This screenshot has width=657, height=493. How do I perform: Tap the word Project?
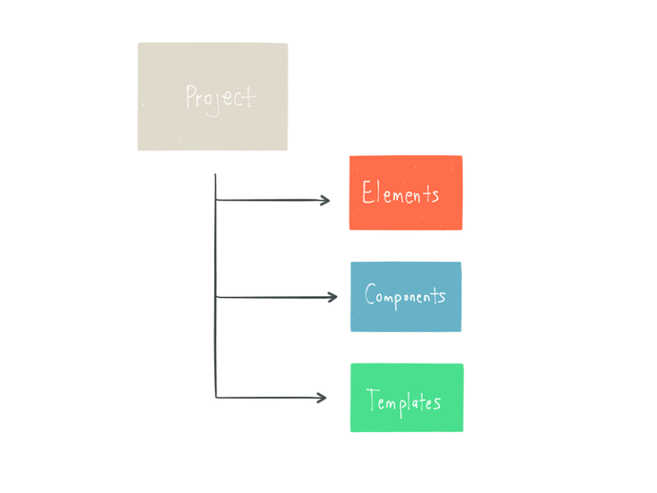221,97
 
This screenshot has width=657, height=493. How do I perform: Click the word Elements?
401,193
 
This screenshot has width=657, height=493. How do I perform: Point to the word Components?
406,296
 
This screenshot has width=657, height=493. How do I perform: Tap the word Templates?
405,401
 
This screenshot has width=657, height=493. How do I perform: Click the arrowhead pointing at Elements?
326,201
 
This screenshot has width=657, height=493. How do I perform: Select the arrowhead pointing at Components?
332,297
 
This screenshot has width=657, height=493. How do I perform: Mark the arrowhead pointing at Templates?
322,397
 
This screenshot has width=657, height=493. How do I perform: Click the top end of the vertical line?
216,176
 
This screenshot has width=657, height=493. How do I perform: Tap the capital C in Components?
371,295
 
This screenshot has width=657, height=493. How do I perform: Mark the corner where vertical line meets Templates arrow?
217,397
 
